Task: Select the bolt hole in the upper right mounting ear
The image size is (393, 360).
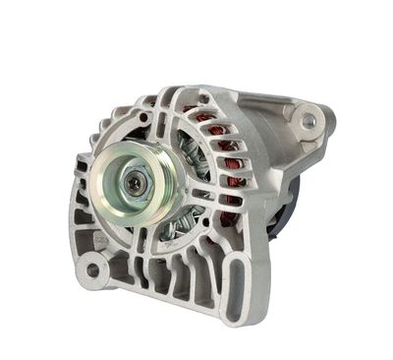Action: pyautogui.click(x=309, y=120)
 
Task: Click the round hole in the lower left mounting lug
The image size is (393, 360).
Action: pyautogui.click(x=93, y=269)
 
